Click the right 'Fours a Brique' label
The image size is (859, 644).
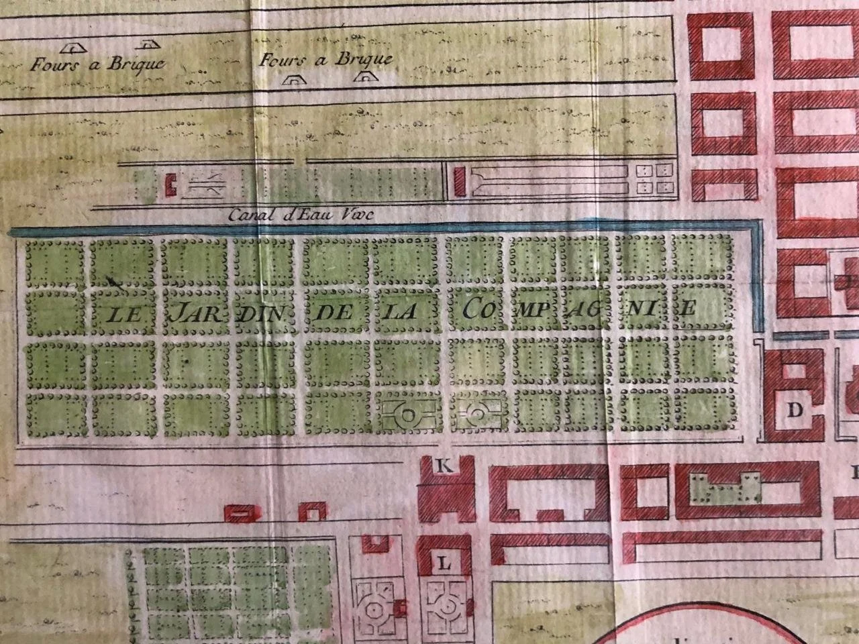(x=325, y=60)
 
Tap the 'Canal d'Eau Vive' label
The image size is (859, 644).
(x=300, y=215)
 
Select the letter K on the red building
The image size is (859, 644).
(x=443, y=466)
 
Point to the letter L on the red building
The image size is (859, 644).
(x=443, y=563)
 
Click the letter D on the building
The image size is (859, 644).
(x=796, y=411)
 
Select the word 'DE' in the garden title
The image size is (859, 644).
(x=334, y=311)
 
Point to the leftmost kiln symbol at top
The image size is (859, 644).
(x=70, y=48)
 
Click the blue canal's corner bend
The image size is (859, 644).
(x=758, y=229)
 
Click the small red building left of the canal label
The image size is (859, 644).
(x=170, y=184)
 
